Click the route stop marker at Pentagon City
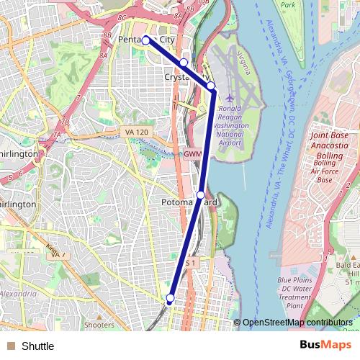point(145,40)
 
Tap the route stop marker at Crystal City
point(184,63)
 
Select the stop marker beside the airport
point(211,86)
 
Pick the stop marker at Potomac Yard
point(200,194)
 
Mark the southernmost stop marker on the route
point(171,297)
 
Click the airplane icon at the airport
point(230,97)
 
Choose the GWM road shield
point(192,154)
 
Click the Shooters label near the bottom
point(99,325)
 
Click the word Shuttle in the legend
point(37,346)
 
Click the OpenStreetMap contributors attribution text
point(297,323)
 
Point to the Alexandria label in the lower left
point(15,294)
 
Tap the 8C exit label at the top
point(121,17)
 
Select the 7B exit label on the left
point(64,122)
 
